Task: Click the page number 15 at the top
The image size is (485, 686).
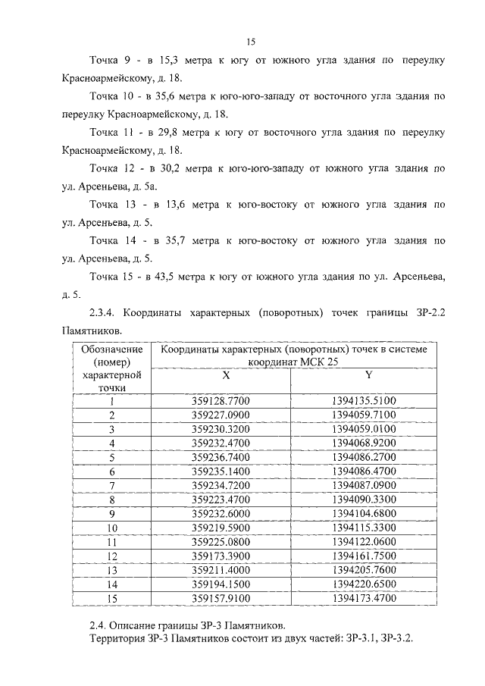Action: click(x=251, y=42)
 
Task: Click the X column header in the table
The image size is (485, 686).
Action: click(x=226, y=375)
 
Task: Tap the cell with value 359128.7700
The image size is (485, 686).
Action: click(x=226, y=401)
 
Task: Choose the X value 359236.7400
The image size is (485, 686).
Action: click(x=226, y=457)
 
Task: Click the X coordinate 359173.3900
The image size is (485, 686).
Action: click(x=226, y=556)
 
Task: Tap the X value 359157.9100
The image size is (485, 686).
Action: click(x=226, y=598)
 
